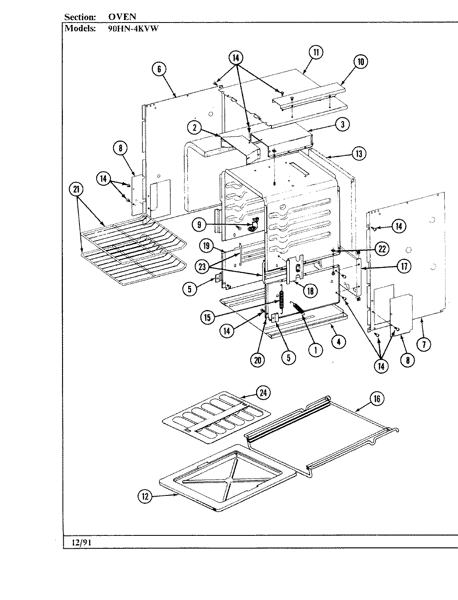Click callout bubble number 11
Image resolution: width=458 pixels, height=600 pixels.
tap(316, 52)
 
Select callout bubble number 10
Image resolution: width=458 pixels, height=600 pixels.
tap(361, 62)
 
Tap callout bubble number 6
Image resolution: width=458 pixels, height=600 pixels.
tap(159, 69)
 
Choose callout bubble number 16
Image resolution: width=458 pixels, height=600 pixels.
tap(376, 399)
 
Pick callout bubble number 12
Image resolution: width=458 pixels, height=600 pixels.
tap(144, 496)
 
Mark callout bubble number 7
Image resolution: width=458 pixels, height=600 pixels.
tap(424, 344)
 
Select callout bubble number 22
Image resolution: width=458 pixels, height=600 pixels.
tap(382, 249)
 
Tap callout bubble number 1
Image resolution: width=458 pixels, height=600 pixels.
tap(315, 350)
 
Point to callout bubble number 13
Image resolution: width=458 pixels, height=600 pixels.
tap(358, 154)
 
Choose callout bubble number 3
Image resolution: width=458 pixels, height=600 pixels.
tap(342, 124)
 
